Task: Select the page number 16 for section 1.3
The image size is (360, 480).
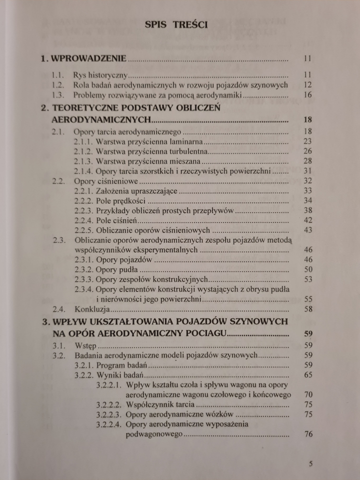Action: (x=307, y=95)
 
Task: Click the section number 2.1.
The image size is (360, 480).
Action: (x=59, y=132)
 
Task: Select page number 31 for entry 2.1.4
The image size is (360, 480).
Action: (x=307, y=170)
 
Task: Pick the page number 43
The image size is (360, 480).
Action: (x=307, y=230)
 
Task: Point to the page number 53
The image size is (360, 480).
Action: (x=307, y=279)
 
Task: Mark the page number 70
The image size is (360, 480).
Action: (x=307, y=395)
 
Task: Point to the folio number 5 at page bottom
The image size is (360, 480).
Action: (x=310, y=463)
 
